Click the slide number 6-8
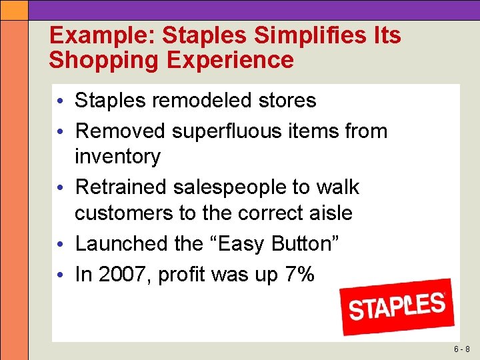[462, 349]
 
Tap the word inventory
[117, 157]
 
